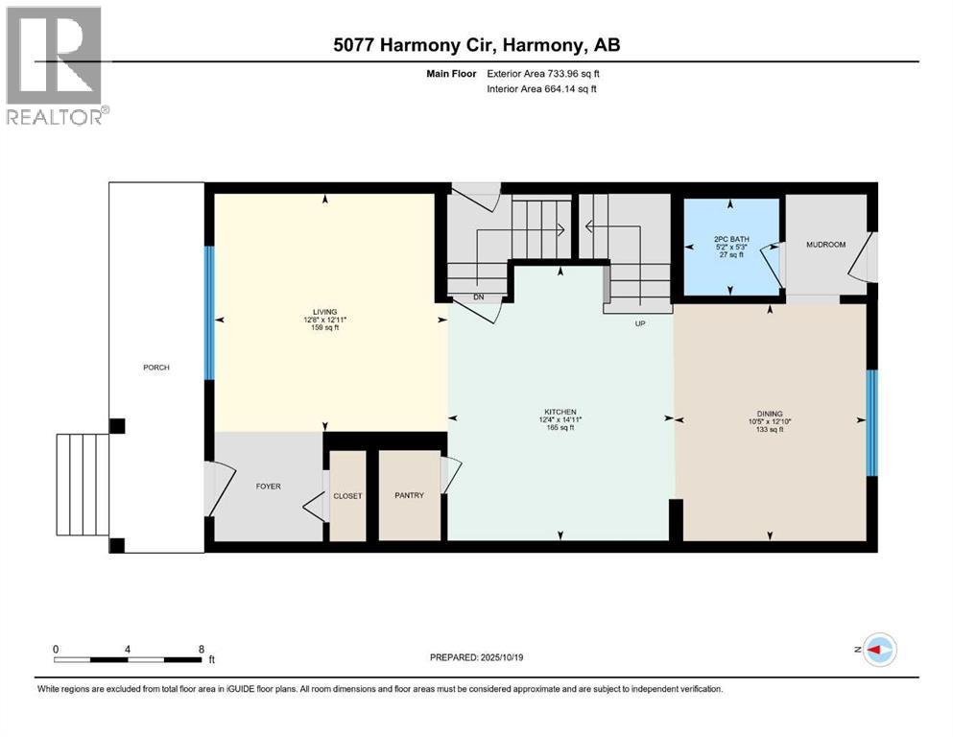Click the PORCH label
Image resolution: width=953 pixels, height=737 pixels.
pyautogui.click(x=155, y=368)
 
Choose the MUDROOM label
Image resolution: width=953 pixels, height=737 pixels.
pyautogui.click(x=825, y=245)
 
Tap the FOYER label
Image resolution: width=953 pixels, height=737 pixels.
pyautogui.click(x=268, y=487)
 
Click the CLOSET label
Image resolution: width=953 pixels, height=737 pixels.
pyautogui.click(x=347, y=496)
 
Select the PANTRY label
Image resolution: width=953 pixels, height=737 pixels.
pyautogui.click(x=409, y=496)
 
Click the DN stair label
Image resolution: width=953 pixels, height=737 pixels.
pyautogui.click(x=477, y=297)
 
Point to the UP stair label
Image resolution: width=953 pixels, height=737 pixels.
pyautogui.click(x=640, y=323)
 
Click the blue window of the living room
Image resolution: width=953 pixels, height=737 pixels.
pyautogui.click(x=208, y=314)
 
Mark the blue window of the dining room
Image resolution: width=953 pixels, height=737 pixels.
pyautogui.click(x=871, y=423)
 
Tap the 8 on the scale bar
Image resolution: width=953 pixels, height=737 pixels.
pyautogui.click(x=200, y=649)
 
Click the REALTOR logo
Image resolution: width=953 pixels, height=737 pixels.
pyautogui.click(x=55, y=66)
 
